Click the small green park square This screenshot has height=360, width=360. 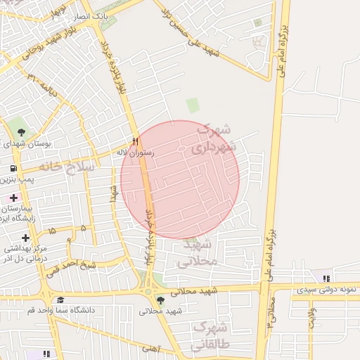pyautogui.click(x=193, y=105)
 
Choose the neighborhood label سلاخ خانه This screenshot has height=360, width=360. pyautogui.click(x=67, y=167)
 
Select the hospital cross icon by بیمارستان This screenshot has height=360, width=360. pyautogui.click(x=13, y=198)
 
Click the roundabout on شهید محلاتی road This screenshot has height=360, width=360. pyautogui.click(x=148, y=291)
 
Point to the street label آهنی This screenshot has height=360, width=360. pyautogui.click(x=150, y=348)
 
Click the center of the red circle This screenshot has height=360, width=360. pyautogui.click(x=180, y=179)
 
